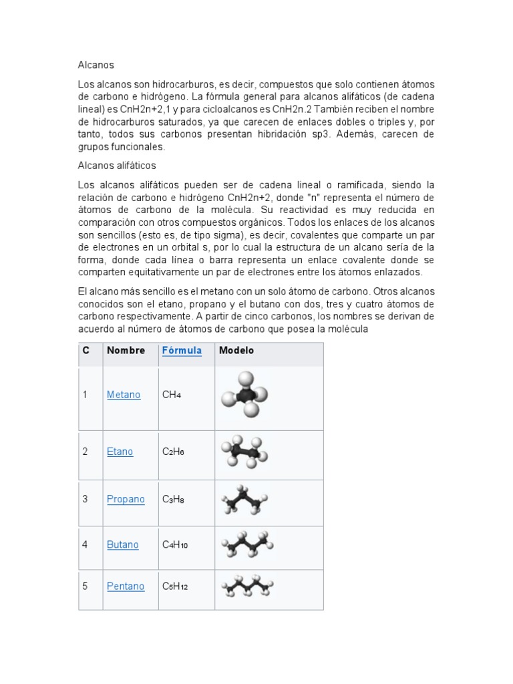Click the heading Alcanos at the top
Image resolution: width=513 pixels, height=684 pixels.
96,65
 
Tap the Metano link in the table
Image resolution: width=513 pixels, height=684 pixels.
124,395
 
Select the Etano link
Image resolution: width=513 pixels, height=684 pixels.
120,452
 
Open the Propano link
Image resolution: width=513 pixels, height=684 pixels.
126,499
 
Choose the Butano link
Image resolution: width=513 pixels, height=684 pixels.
123,544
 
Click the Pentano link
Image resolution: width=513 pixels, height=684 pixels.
126,586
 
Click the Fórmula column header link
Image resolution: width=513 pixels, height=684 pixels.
182,351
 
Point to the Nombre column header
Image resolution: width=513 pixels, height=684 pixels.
126,351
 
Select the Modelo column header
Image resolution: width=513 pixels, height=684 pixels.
236,351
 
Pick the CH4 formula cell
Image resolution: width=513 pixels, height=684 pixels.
172,395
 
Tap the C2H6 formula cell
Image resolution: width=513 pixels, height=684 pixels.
173,452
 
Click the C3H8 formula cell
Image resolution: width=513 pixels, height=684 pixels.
173,499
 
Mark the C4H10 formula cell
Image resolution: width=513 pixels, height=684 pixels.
175,544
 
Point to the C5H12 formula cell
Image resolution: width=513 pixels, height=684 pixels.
175,586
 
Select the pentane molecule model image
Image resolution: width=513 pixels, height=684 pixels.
248,586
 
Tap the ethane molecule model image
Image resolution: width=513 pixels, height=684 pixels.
244,452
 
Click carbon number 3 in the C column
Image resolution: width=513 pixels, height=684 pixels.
85,499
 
